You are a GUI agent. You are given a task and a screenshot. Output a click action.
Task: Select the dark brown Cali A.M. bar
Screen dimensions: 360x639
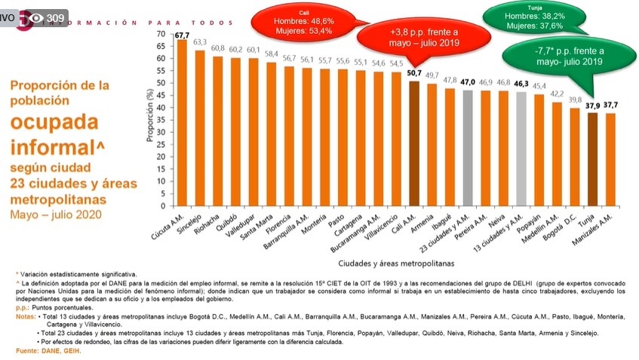pos(414,143)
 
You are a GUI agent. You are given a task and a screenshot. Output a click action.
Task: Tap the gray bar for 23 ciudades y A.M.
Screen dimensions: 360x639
pos(468,148)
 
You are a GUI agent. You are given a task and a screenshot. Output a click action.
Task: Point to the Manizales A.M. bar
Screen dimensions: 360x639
pos(610,159)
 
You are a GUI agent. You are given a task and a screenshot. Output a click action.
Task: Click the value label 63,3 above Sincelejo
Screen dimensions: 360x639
pos(200,43)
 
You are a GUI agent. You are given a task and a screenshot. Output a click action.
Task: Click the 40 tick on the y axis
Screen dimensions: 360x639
pos(159,107)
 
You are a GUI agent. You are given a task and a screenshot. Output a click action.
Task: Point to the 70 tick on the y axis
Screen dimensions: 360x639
pos(159,34)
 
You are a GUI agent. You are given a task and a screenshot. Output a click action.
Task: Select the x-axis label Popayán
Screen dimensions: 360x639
pos(533,220)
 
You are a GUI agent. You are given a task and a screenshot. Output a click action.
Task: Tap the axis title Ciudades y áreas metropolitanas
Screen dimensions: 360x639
pos(392,263)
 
